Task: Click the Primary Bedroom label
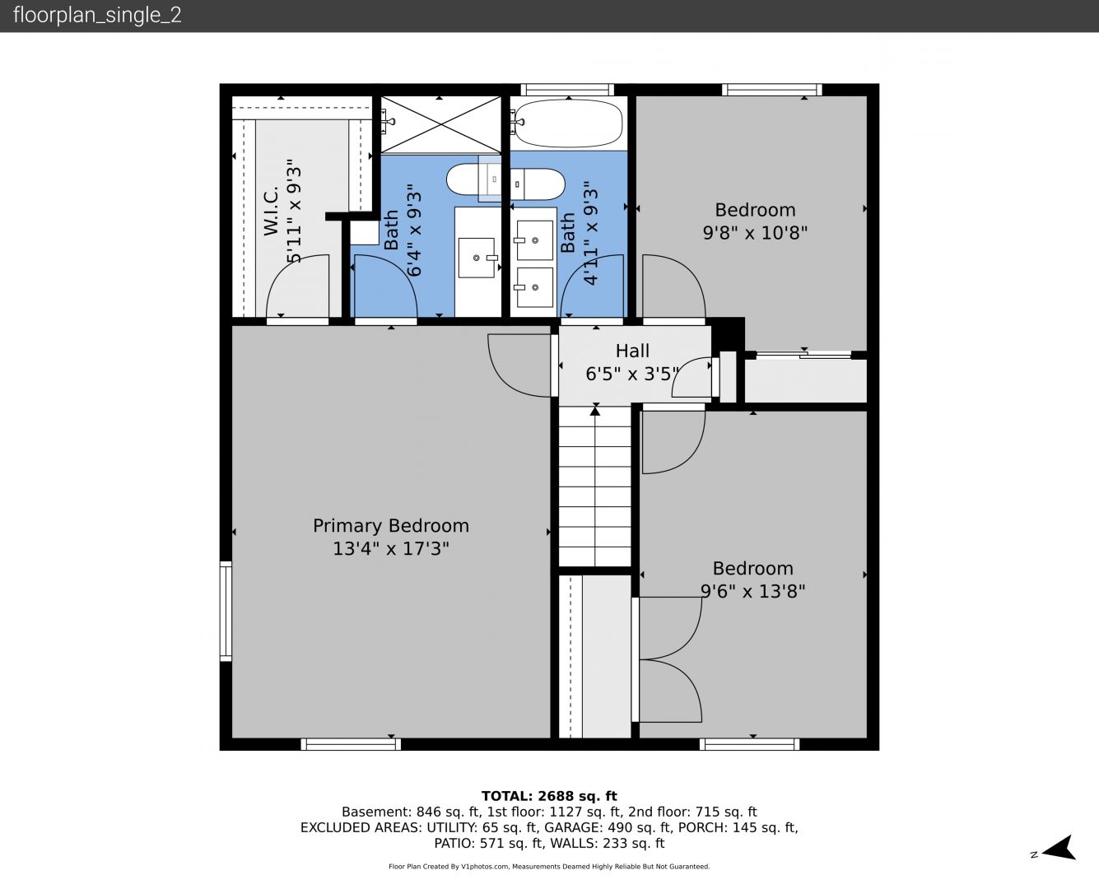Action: [x=391, y=526]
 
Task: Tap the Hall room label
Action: [x=632, y=351]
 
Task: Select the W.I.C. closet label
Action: [x=271, y=211]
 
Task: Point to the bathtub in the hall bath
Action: [x=569, y=123]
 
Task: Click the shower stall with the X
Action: [x=440, y=124]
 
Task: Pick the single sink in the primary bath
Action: [x=477, y=258]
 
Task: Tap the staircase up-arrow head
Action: [x=595, y=411]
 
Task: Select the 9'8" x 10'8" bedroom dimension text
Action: [x=755, y=233]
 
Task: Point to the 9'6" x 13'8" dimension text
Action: [x=752, y=591]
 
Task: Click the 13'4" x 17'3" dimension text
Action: [x=391, y=548]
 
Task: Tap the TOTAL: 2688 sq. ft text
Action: [x=549, y=796]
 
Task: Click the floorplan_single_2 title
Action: [x=97, y=16]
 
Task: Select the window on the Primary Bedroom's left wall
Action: [x=226, y=611]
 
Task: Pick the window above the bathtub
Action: [x=567, y=90]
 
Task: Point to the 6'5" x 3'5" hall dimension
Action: [x=632, y=374]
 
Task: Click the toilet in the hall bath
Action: [x=538, y=184]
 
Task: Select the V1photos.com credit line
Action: [x=549, y=867]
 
